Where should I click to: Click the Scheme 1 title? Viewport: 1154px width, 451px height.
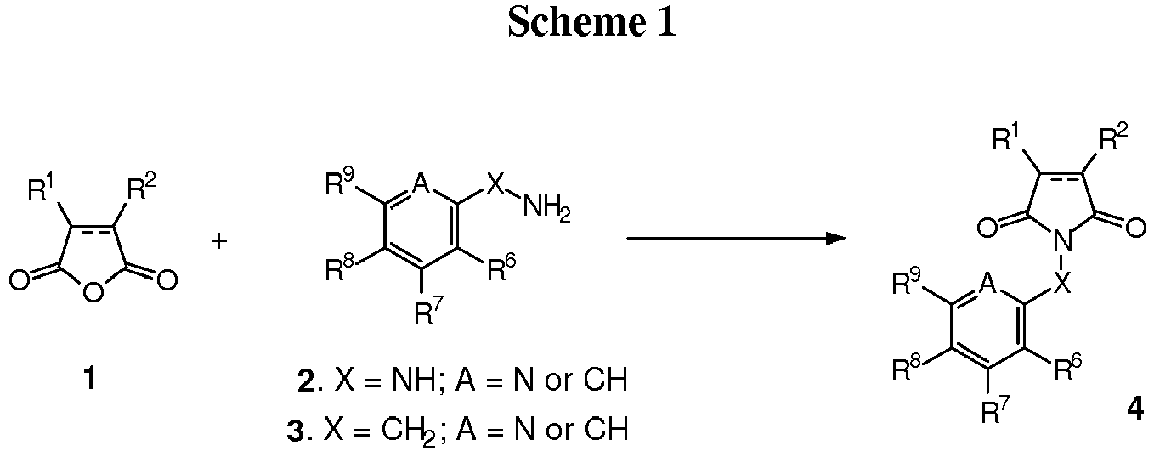coord(592,23)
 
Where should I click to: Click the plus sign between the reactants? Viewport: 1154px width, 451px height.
coord(219,242)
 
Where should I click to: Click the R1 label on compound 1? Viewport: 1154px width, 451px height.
coord(44,188)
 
